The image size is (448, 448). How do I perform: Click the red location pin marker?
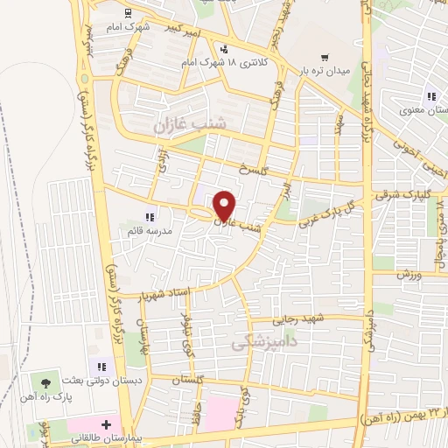225,206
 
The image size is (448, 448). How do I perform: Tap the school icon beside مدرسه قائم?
149,217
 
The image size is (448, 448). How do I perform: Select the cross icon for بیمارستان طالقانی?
106,424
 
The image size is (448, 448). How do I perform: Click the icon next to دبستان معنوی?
430,96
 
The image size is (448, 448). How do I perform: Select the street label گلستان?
186,381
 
